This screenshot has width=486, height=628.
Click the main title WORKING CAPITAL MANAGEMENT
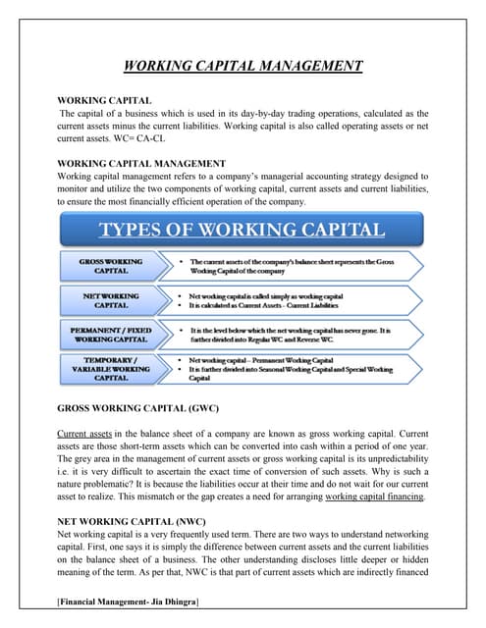pos(243,67)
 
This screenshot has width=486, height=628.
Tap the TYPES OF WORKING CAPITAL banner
pos(243,231)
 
